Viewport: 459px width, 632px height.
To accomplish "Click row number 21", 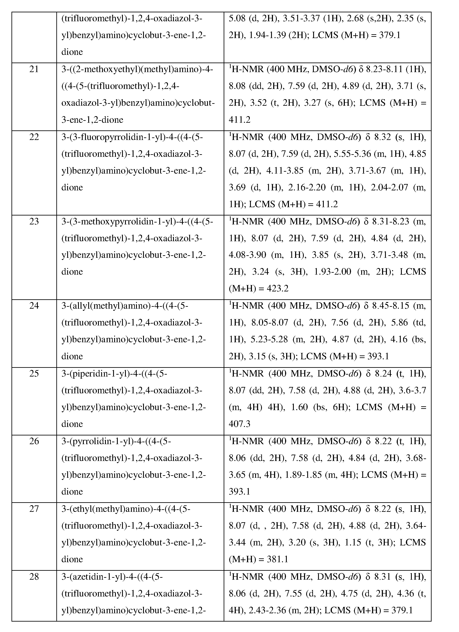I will pos(34,69).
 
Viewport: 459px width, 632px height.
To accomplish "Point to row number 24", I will pos(34,306).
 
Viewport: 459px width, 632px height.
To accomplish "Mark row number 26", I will pos(34,441).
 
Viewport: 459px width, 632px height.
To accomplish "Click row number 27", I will pos(34,509).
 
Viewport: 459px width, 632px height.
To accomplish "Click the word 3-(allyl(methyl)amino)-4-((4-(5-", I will pos(125,306).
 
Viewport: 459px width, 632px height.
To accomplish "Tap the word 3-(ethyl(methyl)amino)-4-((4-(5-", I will pos(126,509).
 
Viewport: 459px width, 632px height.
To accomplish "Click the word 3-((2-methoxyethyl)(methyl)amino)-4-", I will pos(137,69).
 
